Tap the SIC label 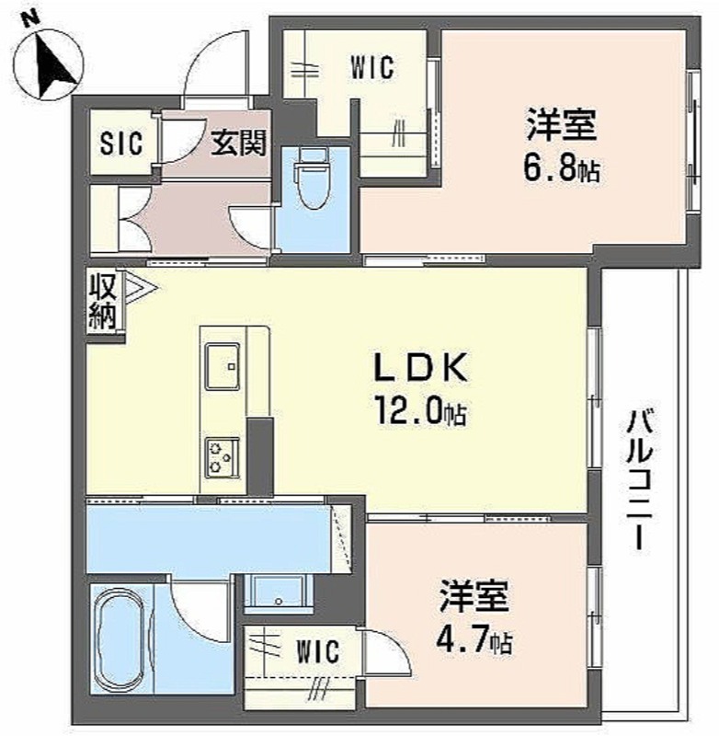coord(121,143)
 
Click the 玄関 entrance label coord(238,143)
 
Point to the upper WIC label coord(372,67)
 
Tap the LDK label coord(420,367)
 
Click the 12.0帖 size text coord(420,411)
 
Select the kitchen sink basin coord(223,366)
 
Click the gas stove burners coord(222,457)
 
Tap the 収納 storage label coord(103,302)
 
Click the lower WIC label coord(317,651)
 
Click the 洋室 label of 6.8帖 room coord(562,125)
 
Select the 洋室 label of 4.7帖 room coord(474,597)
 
